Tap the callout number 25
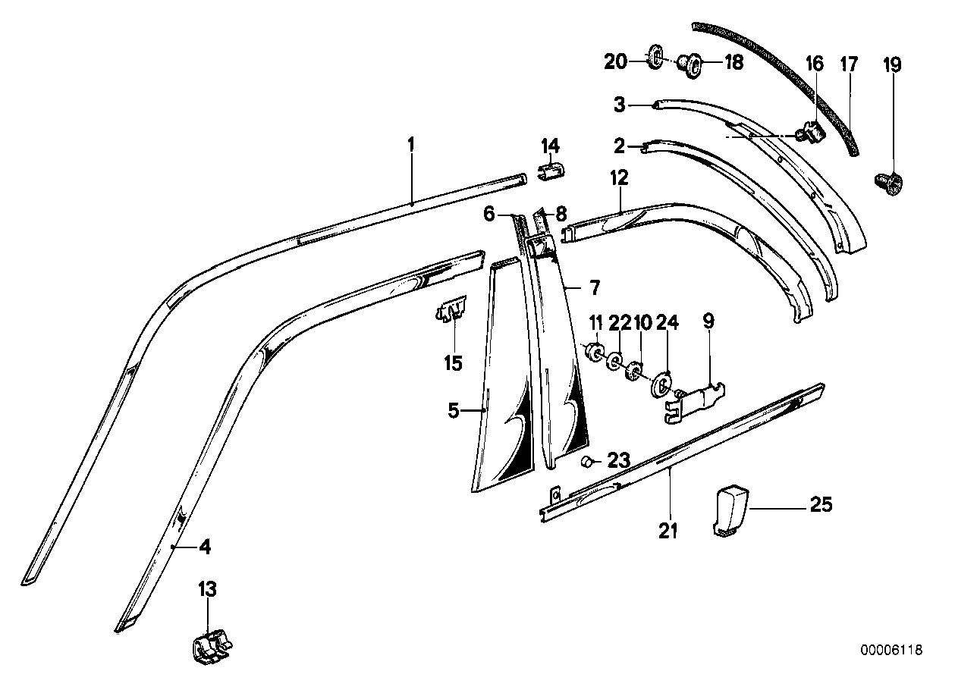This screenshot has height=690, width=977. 820,504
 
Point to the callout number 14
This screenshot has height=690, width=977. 549,145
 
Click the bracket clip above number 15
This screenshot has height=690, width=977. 452,309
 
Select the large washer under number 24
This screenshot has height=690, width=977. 663,384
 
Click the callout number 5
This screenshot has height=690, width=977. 454,412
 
